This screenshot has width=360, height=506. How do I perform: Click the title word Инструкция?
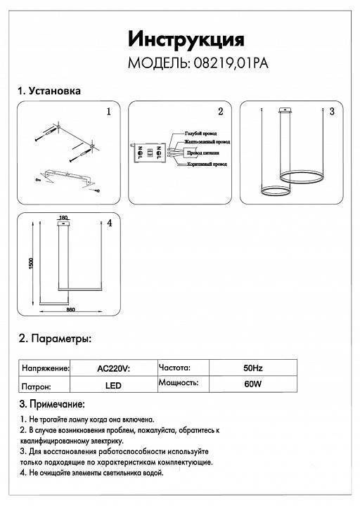[186, 38]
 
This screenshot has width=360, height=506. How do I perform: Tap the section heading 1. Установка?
[49, 91]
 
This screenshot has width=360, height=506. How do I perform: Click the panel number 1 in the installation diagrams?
[108, 112]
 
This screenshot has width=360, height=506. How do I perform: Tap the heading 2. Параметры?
[54, 339]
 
